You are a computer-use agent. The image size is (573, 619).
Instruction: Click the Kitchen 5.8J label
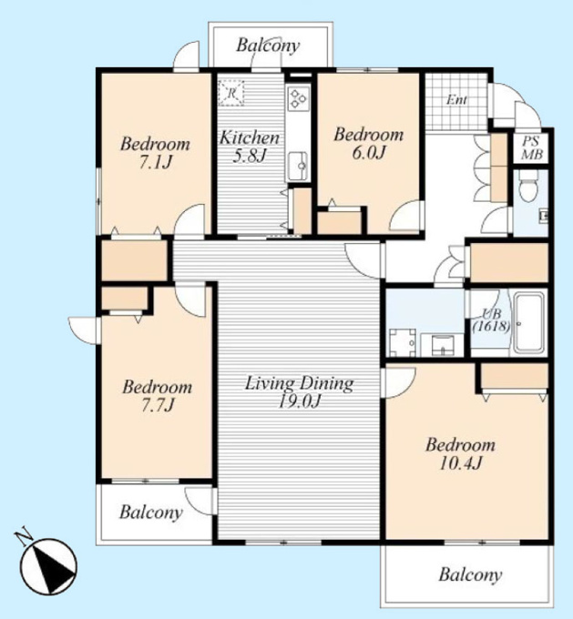[250, 146]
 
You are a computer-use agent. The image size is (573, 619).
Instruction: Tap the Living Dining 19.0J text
[299, 392]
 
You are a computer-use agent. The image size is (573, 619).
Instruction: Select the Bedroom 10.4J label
[460, 453]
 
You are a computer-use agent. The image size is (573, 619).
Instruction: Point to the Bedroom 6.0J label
[369, 143]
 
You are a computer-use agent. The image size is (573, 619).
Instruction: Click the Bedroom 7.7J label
[158, 396]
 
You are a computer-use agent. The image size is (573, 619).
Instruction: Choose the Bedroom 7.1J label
[155, 152]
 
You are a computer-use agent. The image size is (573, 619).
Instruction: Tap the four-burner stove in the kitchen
[299, 98]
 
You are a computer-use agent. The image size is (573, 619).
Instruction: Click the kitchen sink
[299, 166]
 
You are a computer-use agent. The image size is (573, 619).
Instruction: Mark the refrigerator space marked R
[231, 93]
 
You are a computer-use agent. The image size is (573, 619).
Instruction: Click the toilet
[528, 185]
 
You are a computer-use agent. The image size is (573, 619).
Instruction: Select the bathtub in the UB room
[528, 323]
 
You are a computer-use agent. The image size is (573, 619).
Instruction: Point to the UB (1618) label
[491, 320]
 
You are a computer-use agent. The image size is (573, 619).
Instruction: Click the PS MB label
[531, 147]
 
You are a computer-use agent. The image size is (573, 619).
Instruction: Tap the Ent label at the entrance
[456, 100]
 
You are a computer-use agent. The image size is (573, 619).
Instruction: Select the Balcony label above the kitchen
[268, 45]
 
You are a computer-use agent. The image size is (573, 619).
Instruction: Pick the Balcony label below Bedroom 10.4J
[470, 574]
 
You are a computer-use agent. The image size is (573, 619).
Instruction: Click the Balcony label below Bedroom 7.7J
[151, 512]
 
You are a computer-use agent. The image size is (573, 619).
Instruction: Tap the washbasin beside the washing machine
[442, 345]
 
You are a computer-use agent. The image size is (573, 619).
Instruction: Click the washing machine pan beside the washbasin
[403, 342]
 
